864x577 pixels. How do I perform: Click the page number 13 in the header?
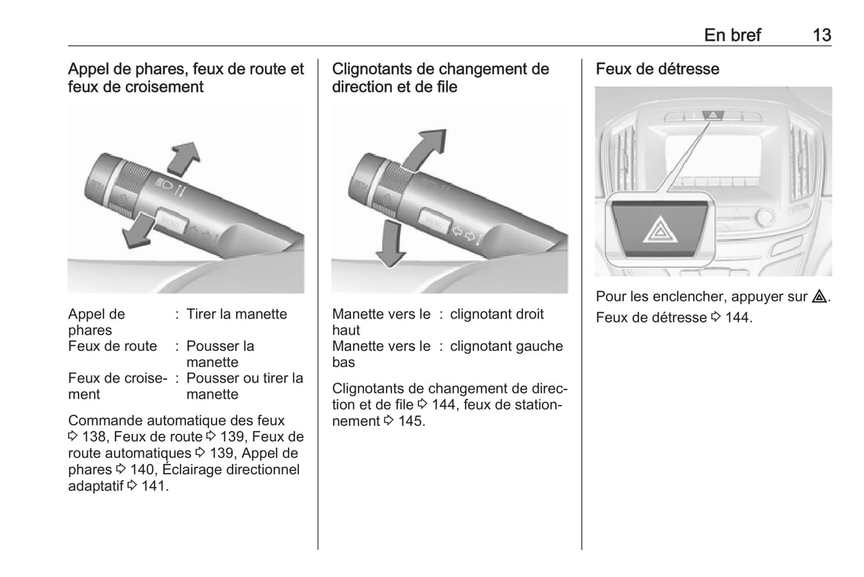[x=822, y=35]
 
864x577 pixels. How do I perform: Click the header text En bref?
[x=732, y=35]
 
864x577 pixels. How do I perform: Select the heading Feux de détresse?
[x=657, y=69]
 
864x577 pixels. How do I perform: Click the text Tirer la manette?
[x=237, y=314]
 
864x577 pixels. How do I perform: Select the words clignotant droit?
[x=497, y=314]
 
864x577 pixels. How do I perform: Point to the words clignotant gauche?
[x=506, y=346]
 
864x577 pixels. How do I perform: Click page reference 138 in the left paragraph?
[x=93, y=437]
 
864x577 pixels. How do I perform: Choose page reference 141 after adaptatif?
[x=154, y=486]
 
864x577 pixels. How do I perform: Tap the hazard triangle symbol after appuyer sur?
[x=819, y=297]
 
